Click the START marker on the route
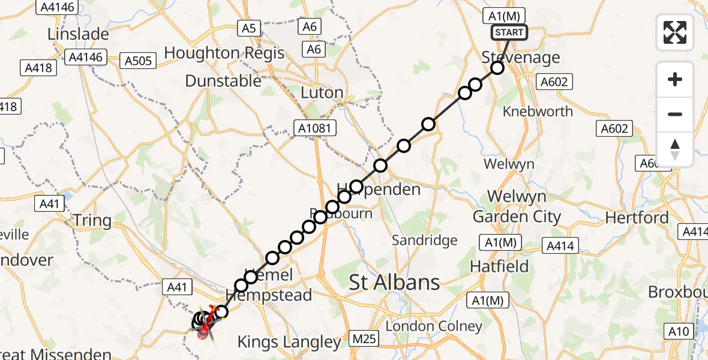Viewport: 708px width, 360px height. click(509, 32)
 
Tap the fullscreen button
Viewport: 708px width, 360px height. click(675, 32)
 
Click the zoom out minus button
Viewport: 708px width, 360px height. click(675, 114)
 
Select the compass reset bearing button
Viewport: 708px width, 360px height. click(675, 149)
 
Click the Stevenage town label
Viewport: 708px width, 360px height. click(521, 58)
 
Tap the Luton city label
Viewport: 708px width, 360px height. click(322, 93)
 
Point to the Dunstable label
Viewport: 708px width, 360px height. click(223, 81)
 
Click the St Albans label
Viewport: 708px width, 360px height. click(395, 282)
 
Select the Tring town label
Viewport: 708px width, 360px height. click(92, 221)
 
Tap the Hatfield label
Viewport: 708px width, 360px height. click(499, 266)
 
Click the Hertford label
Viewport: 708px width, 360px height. click(637, 217)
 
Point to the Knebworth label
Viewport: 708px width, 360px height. click(538, 112)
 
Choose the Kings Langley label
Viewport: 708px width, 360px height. click(289, 343)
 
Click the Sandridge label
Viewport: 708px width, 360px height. click(424, 241)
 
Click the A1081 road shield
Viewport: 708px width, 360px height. click(315, 127)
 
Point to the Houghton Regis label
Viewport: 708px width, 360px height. click(224, 53)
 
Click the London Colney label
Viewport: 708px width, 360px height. click(434, 326)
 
